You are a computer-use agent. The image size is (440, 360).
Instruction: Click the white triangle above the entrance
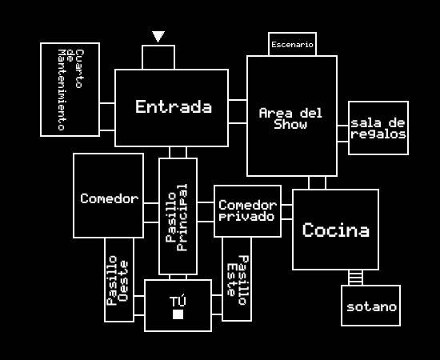coord(158,37)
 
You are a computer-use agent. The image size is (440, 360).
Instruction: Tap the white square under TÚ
coord(178,314)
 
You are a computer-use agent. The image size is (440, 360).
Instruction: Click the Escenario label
coord(292,45)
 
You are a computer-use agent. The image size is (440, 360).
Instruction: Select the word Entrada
coord(174,106)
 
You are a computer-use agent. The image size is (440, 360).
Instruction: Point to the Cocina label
coord(336,230)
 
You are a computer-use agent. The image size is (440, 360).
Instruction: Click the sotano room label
coord(371,307)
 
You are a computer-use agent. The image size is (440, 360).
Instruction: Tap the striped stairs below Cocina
coord(355,278)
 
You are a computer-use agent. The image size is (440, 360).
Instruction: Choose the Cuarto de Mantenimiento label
coord(70,90)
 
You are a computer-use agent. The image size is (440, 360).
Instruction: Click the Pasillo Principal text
coord(177,218)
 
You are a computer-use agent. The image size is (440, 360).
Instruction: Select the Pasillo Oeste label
coord(118,281)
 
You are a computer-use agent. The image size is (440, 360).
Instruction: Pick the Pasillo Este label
coord(238,280)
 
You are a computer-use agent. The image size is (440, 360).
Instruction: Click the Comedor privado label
coord(247,210)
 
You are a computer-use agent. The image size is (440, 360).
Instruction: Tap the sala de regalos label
coord(378,129)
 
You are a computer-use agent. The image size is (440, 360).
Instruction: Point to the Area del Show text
coord(290,118)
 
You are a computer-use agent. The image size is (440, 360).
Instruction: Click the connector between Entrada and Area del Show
coord(238,111)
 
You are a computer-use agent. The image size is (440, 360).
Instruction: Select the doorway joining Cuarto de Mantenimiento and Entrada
coord(107,117)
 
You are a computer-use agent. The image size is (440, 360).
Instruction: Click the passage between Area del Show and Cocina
coord(317,182)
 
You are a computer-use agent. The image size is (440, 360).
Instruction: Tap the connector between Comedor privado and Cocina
coord(286,212)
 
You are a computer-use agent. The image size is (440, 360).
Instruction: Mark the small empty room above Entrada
coord(158,58)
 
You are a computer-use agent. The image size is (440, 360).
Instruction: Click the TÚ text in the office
coord(178,301)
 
